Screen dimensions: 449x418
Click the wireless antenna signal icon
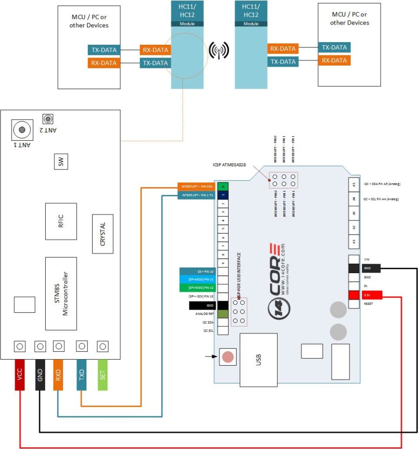click(x=218, y=51)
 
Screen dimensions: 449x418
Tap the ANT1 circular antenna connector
click(x=21, y=129)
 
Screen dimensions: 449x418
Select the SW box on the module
click(x=61, y=163)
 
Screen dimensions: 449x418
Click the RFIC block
click(x=61, y=221)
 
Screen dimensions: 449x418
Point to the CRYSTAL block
click(x=103, y=234)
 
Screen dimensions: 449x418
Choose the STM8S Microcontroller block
click(x=61, y=293)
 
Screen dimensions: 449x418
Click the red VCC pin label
click(x=19, y=374)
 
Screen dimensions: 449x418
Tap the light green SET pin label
click(x=102, y=374)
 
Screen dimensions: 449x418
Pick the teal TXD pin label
click(x=82, y=374)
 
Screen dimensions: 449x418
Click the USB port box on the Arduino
click(x=258, y=360)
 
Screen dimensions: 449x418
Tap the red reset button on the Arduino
click(x=228, y=356)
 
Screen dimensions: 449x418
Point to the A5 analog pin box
click(x=354, y=184)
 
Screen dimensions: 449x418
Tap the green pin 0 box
click(x=223, y=186)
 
